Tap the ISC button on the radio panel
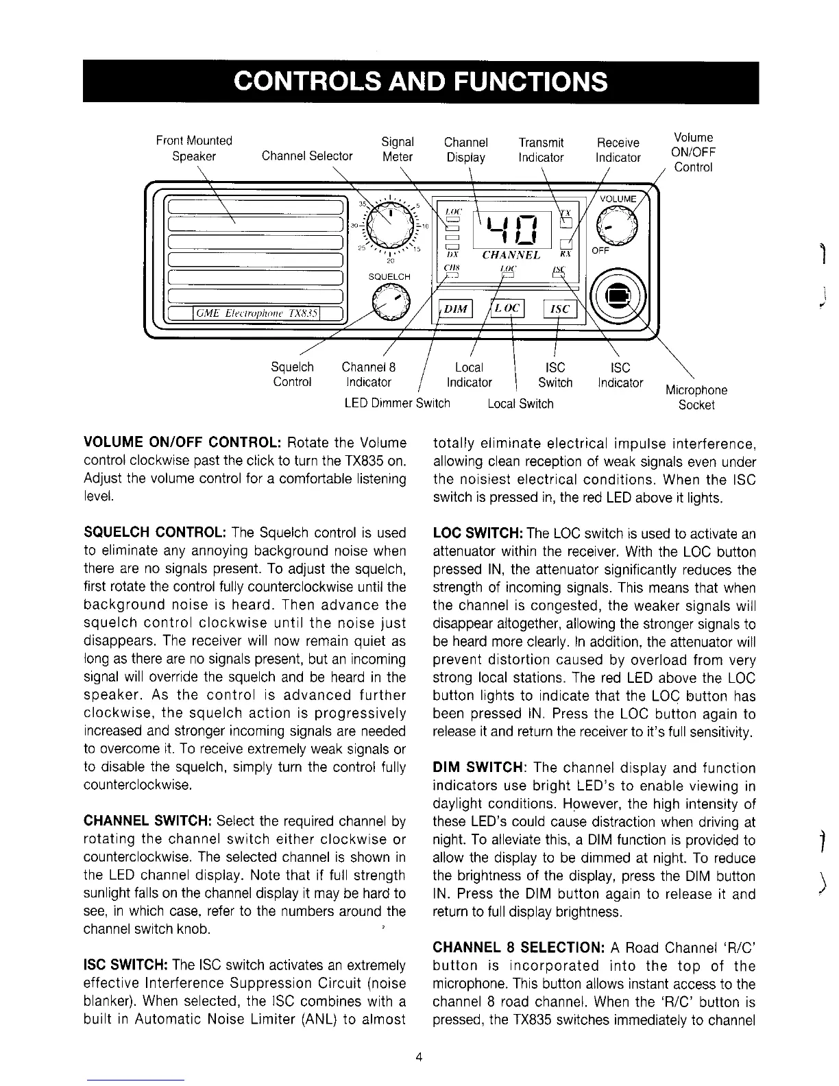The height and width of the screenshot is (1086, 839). point(560,309)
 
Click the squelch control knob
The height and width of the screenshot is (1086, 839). point(390,302)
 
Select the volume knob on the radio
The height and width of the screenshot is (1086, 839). point(616,227)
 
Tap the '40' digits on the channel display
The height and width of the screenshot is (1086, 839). point(512,229)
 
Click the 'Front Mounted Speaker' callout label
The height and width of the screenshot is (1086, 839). point(194,148)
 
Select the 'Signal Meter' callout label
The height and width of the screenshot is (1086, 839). point(398,149)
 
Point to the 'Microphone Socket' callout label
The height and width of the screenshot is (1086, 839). point(696,398)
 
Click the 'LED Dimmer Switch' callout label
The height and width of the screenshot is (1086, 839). point(397,403)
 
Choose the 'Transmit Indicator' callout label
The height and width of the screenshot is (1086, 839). point(541,150)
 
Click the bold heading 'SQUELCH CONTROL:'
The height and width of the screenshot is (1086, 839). point(155,533)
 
